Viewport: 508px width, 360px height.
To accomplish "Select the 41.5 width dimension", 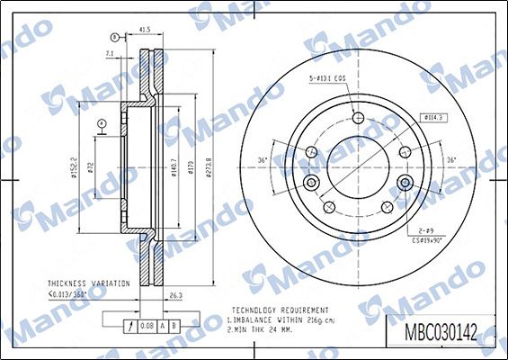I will tap(144, 30).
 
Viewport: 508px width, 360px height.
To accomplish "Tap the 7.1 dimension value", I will tap(109, 54).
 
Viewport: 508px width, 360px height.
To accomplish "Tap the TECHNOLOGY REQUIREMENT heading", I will tap(280, 309).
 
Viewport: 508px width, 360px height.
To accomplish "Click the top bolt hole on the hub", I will tap(358, 117).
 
